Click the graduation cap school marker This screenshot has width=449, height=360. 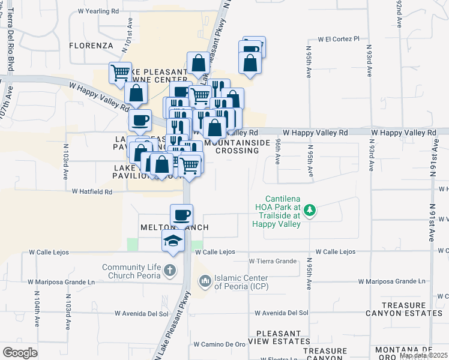click(x=172, y=242)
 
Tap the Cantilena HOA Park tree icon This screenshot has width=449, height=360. click(x=310, y=210)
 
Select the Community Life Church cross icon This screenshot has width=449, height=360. click(x=170, y=270)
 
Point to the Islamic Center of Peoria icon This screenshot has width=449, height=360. click(x=205, y=280)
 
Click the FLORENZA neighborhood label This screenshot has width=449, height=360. click(x=91, y=45)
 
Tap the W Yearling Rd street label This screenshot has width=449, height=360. click(x=98, y=11)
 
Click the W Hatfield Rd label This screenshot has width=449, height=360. click(x=92, y=192)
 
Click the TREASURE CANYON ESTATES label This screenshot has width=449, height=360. click(x=412, y=309)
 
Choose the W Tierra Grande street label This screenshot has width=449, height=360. click(x=273, y=261)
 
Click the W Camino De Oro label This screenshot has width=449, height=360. click(x=220, y=344)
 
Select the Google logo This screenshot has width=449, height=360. click(x=20, y=352)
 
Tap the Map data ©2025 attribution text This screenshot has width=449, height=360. click(x=424, y=355)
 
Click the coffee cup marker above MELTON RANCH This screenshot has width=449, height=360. click(x=181, y=214)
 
